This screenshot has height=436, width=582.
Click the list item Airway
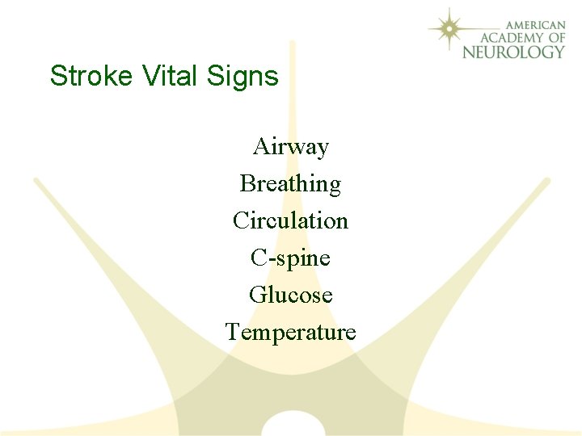[291, 147]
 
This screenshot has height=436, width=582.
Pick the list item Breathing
[290, 185]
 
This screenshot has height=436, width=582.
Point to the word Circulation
[290, 221]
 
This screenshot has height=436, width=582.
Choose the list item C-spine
[290, 258]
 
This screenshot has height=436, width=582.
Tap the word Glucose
[290, 296]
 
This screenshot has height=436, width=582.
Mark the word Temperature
[290, 333]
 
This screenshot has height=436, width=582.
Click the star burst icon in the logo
[451, 30]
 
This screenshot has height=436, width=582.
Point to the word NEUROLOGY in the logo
[514, 52]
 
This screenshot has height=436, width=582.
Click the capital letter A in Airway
[261, 147]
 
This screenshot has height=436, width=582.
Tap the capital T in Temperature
[233, 332]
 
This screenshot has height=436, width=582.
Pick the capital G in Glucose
[258, 296]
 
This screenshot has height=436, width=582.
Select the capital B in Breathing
[247, 184]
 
